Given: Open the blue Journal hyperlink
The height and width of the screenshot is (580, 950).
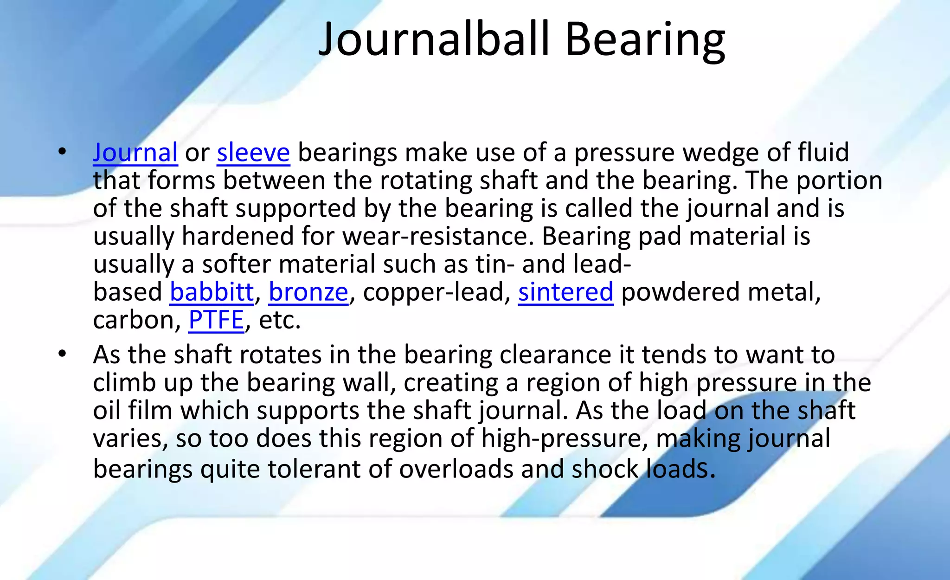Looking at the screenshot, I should click(x=135, y=152).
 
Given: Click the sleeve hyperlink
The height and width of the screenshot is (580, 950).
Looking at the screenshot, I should click(x=253, y=152).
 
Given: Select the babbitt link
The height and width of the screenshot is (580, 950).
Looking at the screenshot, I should click(x=212, y=292).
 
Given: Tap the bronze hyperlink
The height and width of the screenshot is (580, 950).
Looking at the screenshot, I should click(x=308, y=292).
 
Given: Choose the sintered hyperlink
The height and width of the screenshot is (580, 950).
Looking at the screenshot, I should click(x=565, y=292).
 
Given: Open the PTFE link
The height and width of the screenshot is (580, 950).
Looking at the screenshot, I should click(x=216, y=320).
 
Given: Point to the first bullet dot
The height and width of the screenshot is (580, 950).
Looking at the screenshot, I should click(x=62, y=152).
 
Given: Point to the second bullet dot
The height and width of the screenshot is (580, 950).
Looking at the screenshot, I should click(x=62, y=354).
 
